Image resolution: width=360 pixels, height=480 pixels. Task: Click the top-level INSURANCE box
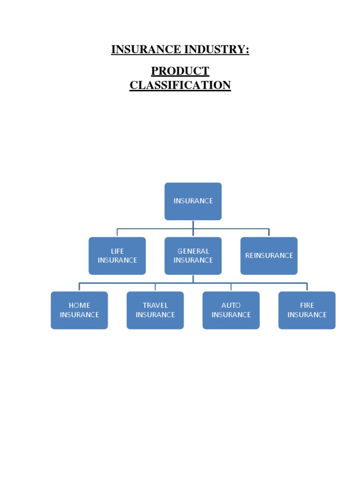pyautogui.click(x=193, y=201)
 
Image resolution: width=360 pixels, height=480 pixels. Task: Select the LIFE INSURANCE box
pyautogui.click(x=117, y=255)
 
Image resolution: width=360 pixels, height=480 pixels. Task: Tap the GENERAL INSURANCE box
pyautogui.click(x=193, y=255)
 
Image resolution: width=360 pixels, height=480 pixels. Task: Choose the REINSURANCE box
pyautogui.click(x=269, y=255)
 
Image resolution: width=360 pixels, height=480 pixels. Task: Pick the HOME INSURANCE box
pyautogui.click(x=79, y=310)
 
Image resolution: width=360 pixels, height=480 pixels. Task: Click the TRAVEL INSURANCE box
pyautogui.click(x=155, y=310)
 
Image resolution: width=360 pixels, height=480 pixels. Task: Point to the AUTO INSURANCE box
pyautogui.click(x=231, y=310)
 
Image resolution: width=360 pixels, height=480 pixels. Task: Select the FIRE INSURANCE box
pyautogui.click(x=307, y=310)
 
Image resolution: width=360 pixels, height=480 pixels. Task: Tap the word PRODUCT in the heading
pyautogui.click(x=180, y=71)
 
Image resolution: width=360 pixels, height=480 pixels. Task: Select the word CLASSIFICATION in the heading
pyautogui.click(x=180, y=85)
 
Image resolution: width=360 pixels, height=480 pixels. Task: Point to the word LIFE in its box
pyautogui.click(x=117, y=251)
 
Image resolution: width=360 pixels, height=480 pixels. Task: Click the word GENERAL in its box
pyautogui.click(x=193, y=251)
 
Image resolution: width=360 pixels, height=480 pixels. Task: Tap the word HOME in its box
pyautogui.click(x=79, y=306)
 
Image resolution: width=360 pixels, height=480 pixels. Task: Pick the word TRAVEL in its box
pyautogui.click(x=155, y=306)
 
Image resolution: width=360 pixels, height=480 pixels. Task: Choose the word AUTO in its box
pyautogui.click(x=231, y=306)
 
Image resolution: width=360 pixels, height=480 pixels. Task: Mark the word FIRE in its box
pyautogui.click(x=307, y=306)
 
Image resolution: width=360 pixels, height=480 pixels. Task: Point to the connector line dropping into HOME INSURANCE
pyautogui.click(x=79, y=287)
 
